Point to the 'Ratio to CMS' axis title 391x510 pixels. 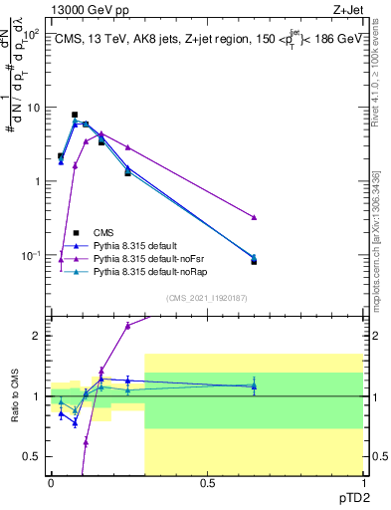click(13, 395)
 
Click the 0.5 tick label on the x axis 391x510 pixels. click(208, 481)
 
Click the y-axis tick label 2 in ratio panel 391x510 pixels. click(38, 336)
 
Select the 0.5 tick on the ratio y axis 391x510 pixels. click(35, 456)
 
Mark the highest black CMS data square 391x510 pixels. click(75, 115)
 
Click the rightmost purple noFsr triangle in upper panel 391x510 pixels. click(255, 217)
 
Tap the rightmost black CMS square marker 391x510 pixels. click(255, 261)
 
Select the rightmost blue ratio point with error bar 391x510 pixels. click(255, 385)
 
